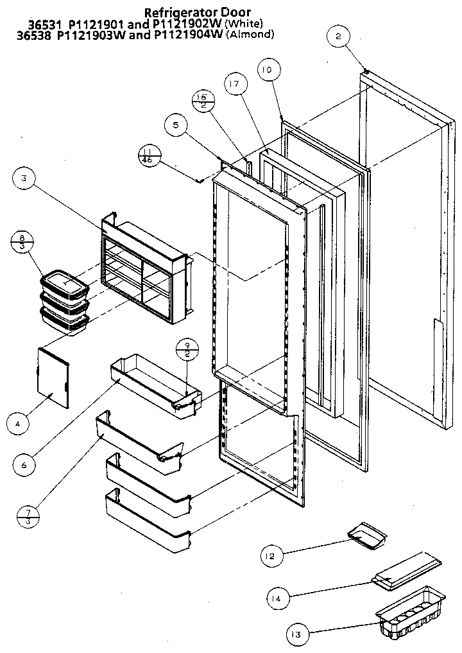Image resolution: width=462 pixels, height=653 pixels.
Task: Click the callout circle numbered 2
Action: point(338,37)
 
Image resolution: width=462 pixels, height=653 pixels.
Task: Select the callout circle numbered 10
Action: point(267,69)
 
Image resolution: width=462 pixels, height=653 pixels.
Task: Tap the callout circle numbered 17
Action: point(235,84)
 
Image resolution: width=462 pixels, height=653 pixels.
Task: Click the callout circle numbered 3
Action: point(23,179)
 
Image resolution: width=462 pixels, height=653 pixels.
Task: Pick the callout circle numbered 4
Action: point(19,422)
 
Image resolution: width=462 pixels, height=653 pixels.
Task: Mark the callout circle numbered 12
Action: point(271,556)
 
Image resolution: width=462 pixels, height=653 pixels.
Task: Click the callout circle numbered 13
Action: point(296,635)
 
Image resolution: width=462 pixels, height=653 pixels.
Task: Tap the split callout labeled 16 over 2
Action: point(203,101)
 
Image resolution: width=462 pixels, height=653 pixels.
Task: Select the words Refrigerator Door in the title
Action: point(197,12)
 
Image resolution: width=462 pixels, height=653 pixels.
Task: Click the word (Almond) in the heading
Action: point(250,35)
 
